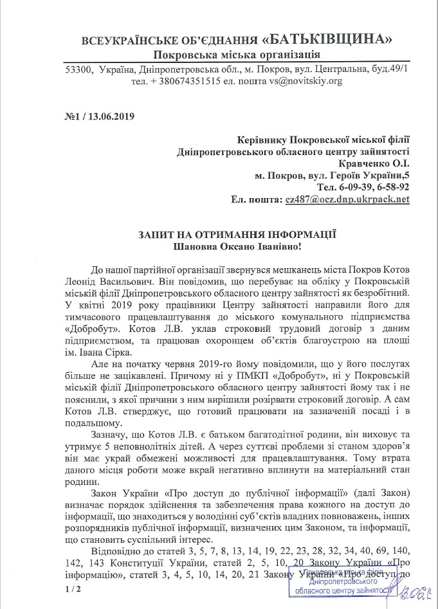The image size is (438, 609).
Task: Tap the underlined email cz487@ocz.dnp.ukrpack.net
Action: tap(347, 200)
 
